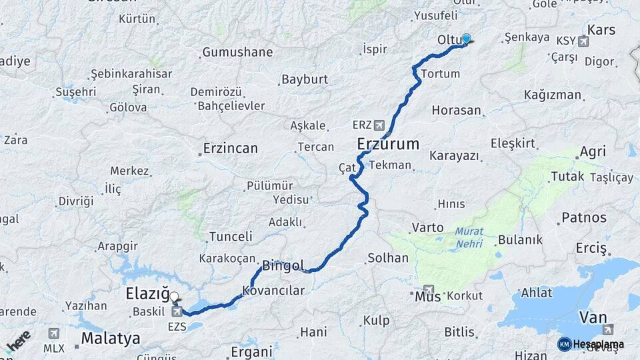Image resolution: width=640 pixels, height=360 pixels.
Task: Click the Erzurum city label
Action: click(388, 144)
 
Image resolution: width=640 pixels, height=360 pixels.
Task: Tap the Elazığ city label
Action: click(147, 294)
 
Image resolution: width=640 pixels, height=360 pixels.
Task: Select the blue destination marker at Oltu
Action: click(466, 39)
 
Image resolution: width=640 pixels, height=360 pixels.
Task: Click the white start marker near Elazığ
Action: click(174, 297)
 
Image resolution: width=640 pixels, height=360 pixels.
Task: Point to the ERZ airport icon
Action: click(380, 125)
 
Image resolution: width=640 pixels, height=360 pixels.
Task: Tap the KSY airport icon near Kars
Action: click(584, 41)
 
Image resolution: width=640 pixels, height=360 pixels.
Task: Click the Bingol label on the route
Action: click(283, 265)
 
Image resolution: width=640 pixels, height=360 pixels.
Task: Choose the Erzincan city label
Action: click(230, 148)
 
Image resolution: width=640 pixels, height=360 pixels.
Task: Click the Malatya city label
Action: click(111, 339)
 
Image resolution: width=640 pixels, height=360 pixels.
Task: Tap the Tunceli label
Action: click(231, 237)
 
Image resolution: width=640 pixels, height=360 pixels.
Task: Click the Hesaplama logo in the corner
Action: click(591, 344)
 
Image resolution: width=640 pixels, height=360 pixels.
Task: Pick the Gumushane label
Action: click(237, 52)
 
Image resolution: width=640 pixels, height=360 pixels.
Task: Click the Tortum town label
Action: click(441, 74)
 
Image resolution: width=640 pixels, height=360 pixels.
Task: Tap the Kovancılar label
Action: click(273, 291)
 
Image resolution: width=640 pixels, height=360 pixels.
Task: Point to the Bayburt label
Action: click(305, 79)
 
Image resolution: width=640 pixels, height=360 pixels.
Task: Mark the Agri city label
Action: click(593, 152)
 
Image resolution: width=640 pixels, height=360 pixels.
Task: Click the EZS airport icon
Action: click(177, 311)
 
